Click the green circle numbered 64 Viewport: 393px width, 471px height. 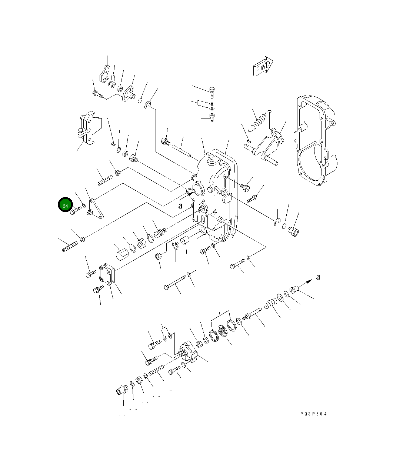pyautogui.click(x=65, y=205)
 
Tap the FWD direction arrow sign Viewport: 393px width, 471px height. pyautogui.click(x=263, y=67)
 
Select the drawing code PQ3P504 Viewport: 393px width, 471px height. pyautogui.click(x=313, y=414)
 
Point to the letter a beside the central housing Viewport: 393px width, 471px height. pyautogui.click(x=180, y=206)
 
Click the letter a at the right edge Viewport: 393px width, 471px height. pyautogui.click(x=318, y=277)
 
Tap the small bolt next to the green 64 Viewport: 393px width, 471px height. pyautogui.click(x=76, y=210)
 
